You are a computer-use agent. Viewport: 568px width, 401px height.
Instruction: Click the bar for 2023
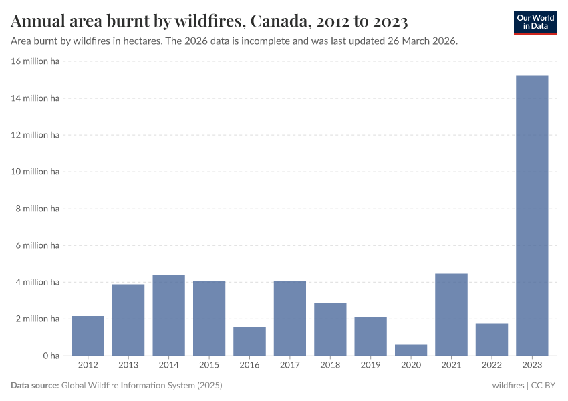(532, 215)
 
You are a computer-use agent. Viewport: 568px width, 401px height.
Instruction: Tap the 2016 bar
(249, 342)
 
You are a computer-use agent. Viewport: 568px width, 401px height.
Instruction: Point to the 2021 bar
(451, 315)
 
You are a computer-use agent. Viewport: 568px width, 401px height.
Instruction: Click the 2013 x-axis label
(128, 365)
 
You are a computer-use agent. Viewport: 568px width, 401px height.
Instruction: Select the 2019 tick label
(370, 365)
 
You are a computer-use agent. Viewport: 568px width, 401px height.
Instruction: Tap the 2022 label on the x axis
(492, 365)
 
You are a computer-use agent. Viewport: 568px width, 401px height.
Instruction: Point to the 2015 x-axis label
(209, 365)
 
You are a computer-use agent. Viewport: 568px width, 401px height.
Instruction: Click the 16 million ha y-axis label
(35, 61)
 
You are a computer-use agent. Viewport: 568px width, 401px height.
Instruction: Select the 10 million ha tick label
(35, 172)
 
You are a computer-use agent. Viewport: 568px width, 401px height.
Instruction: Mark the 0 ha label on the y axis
(51, 356)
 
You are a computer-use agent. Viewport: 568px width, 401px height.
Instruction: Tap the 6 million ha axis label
(38, 245)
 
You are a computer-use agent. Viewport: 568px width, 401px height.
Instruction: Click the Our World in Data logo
(535, 21)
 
